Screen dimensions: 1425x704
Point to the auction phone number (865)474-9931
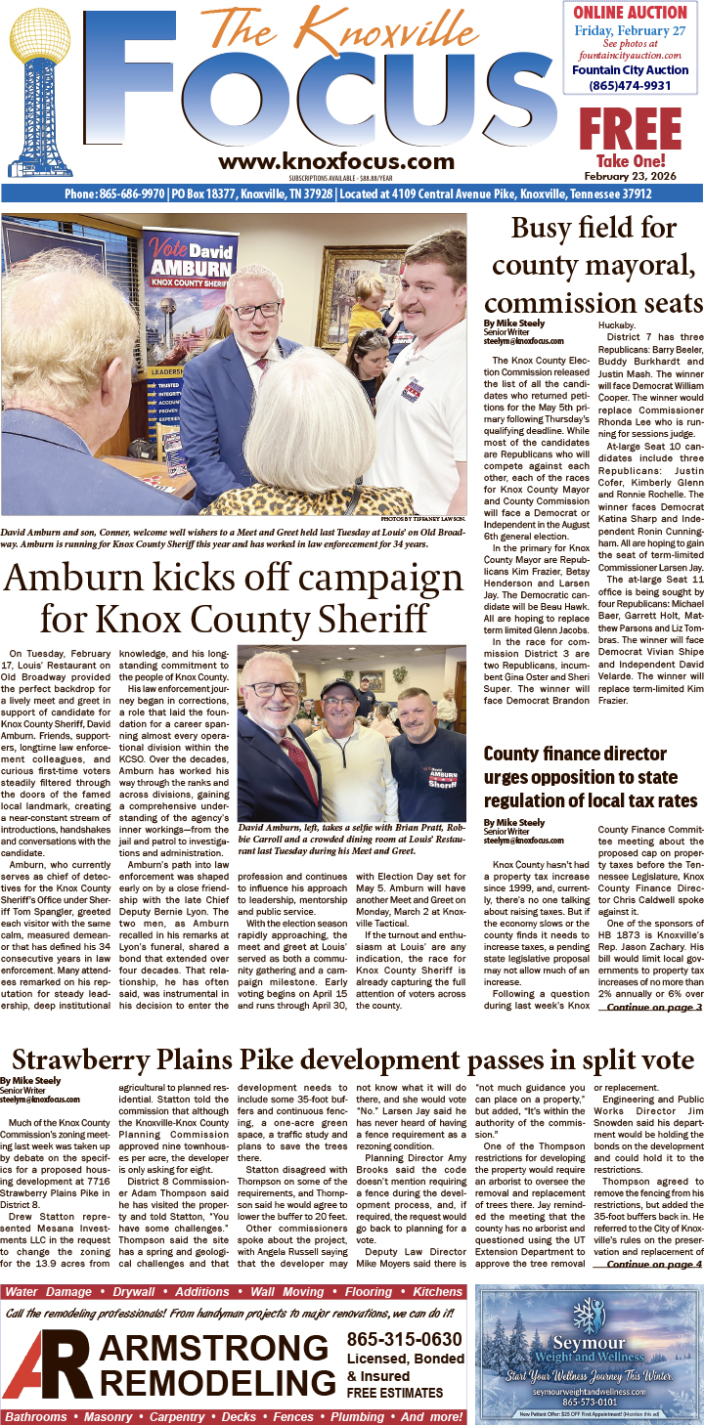coord(631,85)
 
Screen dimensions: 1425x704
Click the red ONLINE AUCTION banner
coord(631,13)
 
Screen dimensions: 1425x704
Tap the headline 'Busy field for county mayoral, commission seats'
coord(594,264)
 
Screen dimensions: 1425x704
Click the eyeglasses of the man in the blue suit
coord(253,311)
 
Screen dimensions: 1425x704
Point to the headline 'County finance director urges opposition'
coord(593,778)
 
